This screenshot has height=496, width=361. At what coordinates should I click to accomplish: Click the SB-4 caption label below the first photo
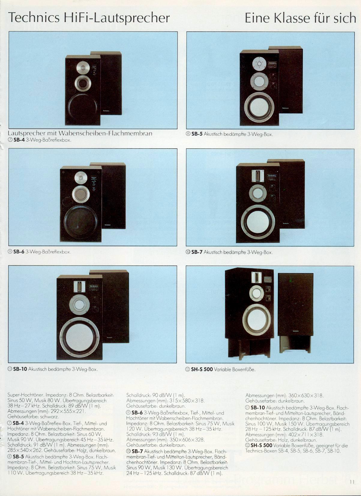tap(19, 140)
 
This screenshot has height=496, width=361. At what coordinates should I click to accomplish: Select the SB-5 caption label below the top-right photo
tap(197, 134)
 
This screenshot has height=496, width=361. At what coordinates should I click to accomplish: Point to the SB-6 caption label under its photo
tap(19, 252)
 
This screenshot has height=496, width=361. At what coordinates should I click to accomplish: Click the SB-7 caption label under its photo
tap(197, 252)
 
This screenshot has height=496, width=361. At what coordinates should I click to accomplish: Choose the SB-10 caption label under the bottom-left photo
tap(20, 369)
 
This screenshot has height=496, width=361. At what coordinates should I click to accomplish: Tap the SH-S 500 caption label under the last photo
tap(202, 370)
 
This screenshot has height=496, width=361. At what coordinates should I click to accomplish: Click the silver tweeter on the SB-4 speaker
tap(83, 67)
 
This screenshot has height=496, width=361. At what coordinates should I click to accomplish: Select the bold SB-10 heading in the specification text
tap(257, 408)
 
